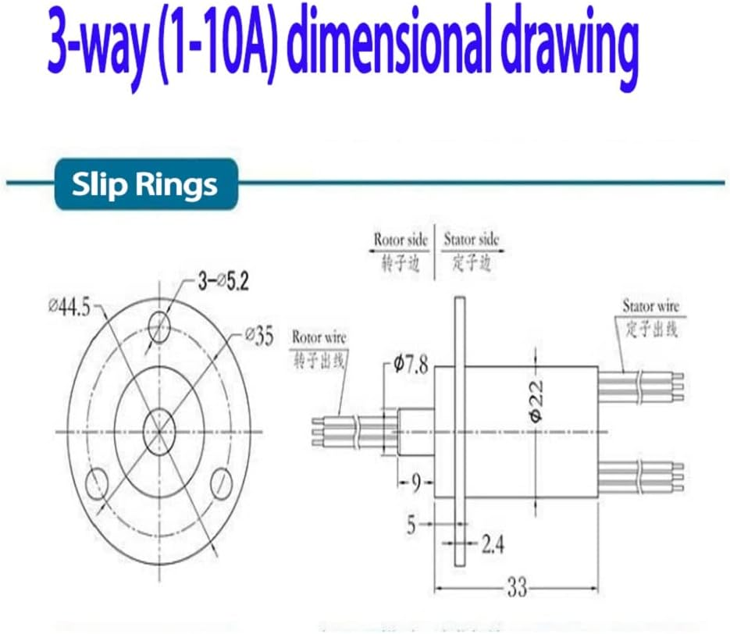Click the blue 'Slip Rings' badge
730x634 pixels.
(x=144, y=184)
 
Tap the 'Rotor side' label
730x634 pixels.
(x=401, y=240)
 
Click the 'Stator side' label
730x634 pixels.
(x=471, y=240)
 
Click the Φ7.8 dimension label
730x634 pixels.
(x=411, y=364)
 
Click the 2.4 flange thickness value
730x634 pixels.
(x=492, y=544)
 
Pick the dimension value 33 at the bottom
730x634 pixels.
(x=517, y=588)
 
